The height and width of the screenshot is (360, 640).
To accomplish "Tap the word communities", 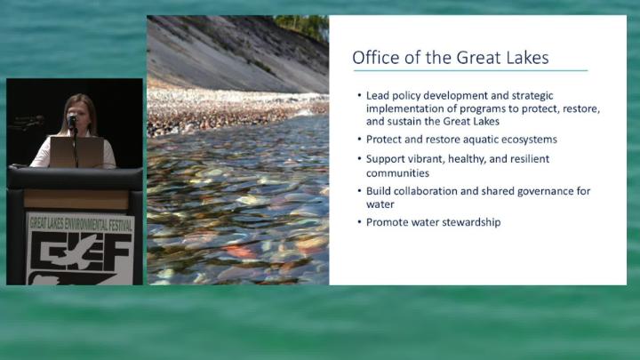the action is (x=397, y=173).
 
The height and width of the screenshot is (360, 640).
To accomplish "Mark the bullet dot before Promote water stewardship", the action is (x=360, y=222).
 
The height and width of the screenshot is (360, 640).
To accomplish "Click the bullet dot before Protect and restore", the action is (x=360, y=140).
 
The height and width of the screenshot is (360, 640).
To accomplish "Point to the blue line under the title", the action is (x=470, y=70).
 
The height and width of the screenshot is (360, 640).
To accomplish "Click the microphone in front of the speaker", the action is (x=72, y=120).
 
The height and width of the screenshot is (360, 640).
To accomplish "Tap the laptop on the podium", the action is (x=76, y=152).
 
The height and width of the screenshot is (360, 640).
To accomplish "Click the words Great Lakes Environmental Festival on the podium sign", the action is (x=81, y=224).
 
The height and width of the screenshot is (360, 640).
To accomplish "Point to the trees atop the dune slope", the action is (x=302, y=25).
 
